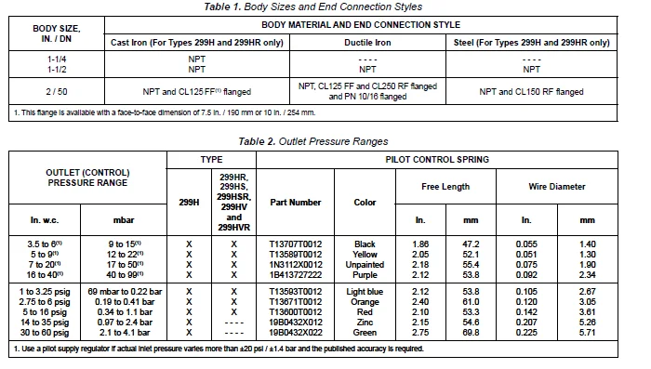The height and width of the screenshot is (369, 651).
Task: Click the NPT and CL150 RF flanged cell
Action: coord(531,92)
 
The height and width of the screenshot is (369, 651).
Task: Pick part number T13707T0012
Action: coord(296,244)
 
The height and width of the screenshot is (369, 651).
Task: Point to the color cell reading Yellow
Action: coord(365,253)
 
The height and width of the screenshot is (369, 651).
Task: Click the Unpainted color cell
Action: coord(365,263)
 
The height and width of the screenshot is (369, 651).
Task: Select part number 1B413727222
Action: coord(296,273)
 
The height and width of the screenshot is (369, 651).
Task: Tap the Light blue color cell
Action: coord(365,291)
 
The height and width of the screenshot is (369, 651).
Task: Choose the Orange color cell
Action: coord(365,301)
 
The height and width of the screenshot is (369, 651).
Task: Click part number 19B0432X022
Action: coord(296,331)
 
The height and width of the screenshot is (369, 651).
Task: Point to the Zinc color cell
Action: coord(365,321)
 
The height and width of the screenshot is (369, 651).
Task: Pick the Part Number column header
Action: coord(296,202)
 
